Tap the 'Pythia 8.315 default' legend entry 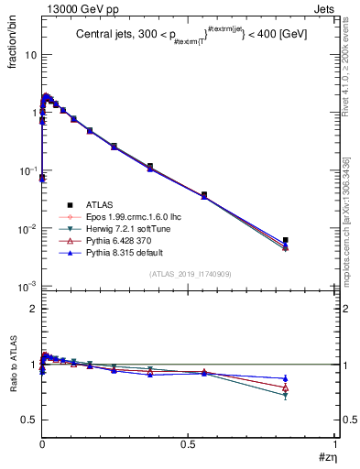pos(113,253)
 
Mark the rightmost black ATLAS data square pos(286,240)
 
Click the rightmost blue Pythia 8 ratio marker pos(286,378)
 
